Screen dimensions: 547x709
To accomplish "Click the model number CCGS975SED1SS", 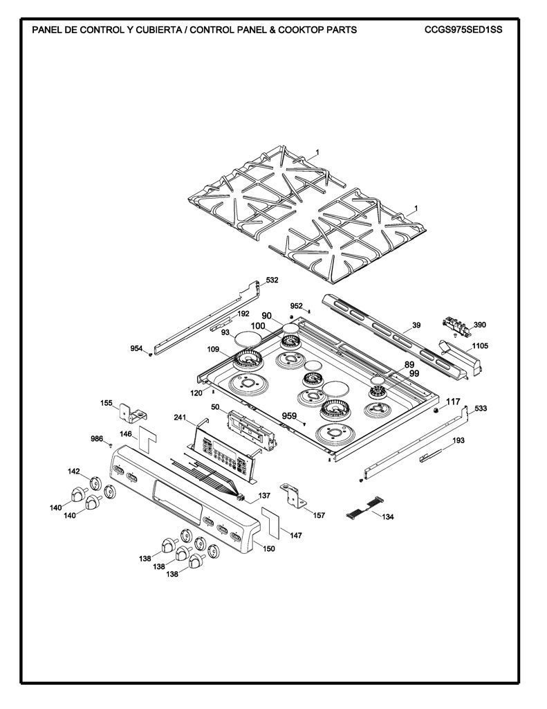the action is click(463, 30).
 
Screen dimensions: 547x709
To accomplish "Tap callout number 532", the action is click(272, 280).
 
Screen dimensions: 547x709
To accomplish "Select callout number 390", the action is click(480, 325).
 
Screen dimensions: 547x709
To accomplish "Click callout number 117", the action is click(453, 401).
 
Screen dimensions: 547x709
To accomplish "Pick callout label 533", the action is click(481, 409).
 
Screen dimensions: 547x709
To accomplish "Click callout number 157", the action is click(319, 515).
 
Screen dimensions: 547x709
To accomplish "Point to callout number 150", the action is click(269, 548).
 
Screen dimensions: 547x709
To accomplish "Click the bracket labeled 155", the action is click(132, 413).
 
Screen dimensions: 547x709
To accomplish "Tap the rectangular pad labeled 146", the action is click(148, 438).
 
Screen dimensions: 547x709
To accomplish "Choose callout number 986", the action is click(97, 438).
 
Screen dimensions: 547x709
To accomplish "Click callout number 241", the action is click(180, 418).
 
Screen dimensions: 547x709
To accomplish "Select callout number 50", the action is click(216, 407).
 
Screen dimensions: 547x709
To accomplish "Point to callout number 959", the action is click(290, 416).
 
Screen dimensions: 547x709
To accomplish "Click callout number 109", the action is click(213, 349).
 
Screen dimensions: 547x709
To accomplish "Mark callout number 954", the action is click(136, 348).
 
